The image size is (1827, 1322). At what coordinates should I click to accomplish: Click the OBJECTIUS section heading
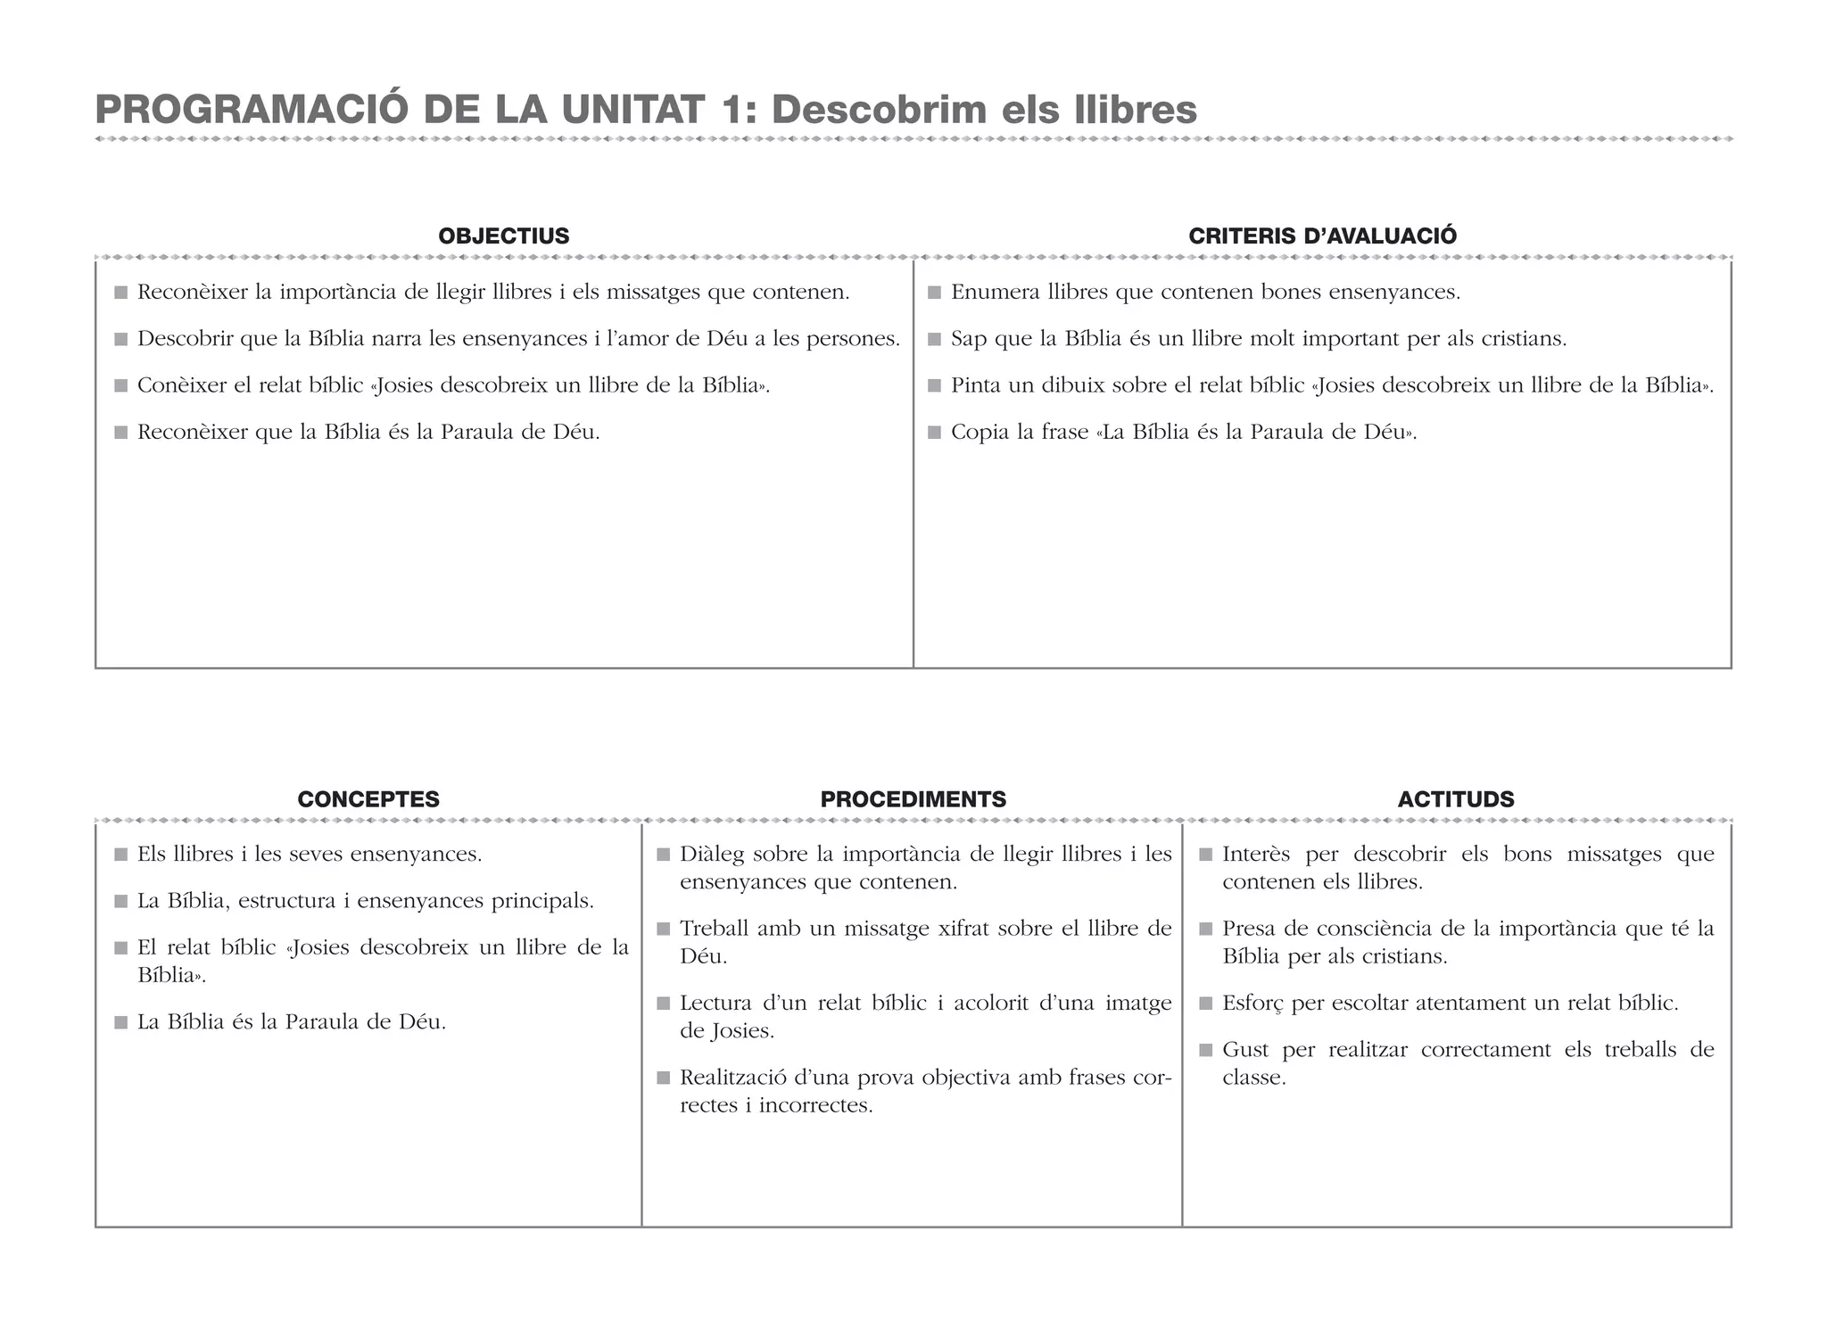click(x=503, y=236)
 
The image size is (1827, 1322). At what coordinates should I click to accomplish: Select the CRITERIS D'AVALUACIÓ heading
click(x=1322, y=236)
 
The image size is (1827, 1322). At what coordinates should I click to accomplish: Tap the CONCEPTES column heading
click(x=368, y=799)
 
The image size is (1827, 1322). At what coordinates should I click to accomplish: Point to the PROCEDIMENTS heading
click(x=913, y=799)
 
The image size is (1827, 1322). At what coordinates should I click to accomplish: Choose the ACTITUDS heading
click(x=1456, y=799)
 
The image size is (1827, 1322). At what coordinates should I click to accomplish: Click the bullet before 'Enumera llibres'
click(x=934, y=293)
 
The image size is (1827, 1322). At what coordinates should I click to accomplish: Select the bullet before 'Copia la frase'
click(x=934, y=433)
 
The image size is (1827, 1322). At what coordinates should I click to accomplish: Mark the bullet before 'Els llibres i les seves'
click(x=121, y=855)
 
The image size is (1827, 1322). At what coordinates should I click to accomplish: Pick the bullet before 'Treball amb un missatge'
click(x=663, y=930)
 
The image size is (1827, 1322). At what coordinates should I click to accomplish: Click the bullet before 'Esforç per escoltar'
click(x=1205, y=1004)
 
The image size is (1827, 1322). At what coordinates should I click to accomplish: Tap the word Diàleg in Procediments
click(x=711, y=855)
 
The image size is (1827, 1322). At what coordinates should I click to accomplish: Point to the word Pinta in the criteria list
click(x=978, y=385)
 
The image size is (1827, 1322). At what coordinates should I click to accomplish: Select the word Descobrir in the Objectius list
click(x=185, y=339)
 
